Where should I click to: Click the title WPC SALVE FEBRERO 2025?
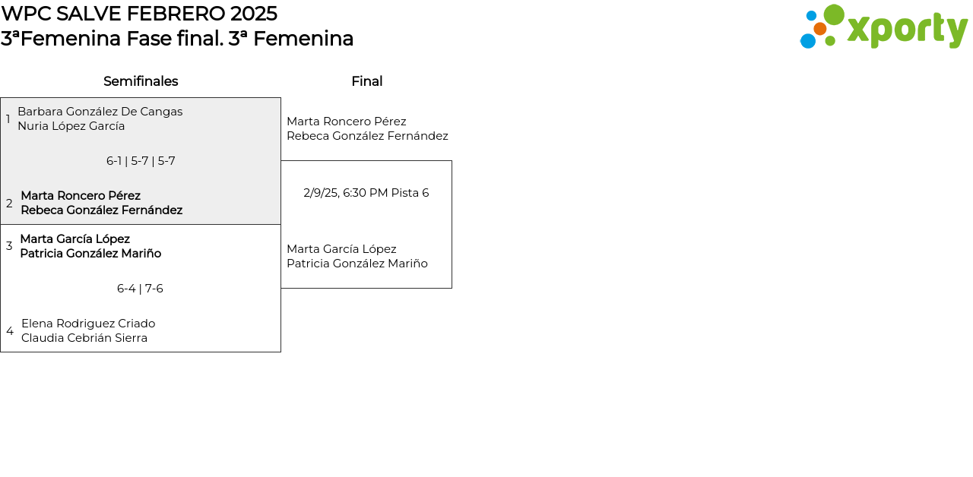click(139, 14)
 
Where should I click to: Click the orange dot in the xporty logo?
click(819, 29)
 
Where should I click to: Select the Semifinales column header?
click(141, 81)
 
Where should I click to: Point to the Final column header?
click(366, 81)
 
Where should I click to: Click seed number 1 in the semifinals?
click(8, 119)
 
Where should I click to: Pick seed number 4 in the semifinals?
click(10, 331)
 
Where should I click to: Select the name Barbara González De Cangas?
click(100, 112)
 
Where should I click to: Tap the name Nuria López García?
click(71, 126)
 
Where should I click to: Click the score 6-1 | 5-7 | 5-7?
click(141, 161)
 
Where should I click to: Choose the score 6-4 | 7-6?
click(140, 289)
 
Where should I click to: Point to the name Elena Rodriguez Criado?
click(88, 324)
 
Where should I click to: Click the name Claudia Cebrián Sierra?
click(84, 338)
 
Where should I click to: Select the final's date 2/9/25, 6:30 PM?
click(346, 193)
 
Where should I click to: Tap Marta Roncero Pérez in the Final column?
click(347, 122)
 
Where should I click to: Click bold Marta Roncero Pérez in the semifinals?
click(81, 196)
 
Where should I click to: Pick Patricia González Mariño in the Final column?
click(357, 264)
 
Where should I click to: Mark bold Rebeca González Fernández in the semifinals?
click(102, 210)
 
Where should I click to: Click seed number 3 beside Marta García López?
click(9, 246)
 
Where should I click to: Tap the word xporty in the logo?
click(907, 30)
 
